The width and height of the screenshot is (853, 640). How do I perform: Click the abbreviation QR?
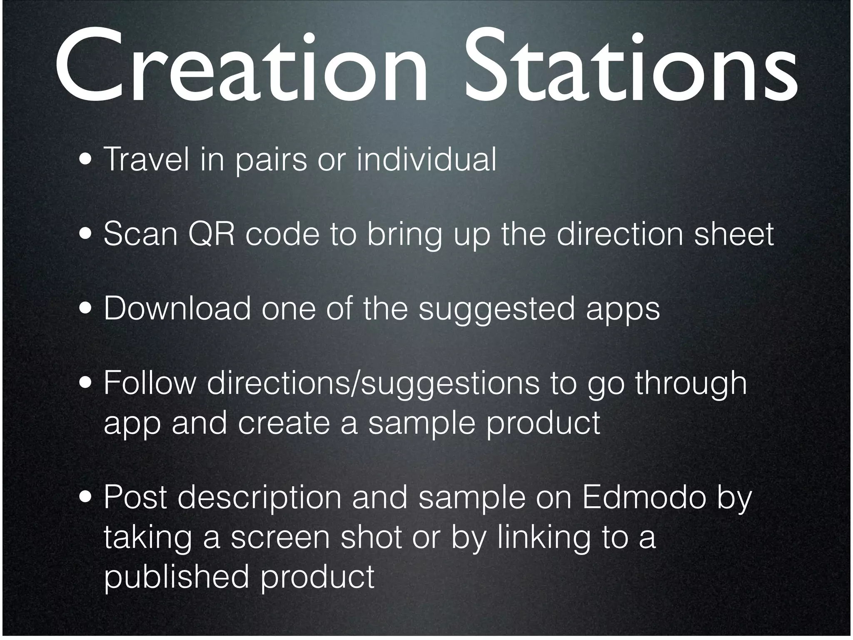point(211,235)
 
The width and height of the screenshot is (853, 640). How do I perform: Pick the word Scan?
point(140,234)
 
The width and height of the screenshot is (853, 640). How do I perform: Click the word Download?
point(177,309)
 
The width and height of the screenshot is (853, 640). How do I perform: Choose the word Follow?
point(150,383)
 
